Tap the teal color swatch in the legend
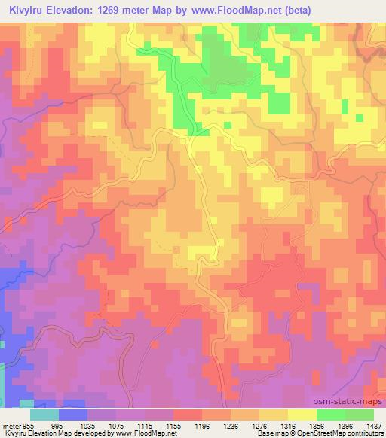click(x=44, y=414)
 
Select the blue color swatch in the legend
click(x=73, y=414)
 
